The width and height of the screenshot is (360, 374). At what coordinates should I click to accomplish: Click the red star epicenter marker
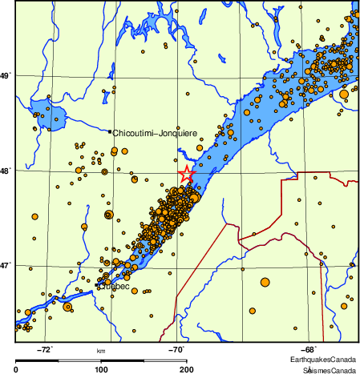point(186,174)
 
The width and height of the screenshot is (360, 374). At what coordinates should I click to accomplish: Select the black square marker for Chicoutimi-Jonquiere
point(110,131)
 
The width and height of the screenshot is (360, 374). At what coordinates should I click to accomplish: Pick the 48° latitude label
point(7,170)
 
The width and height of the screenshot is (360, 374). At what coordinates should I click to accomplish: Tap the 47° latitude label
point(7,265)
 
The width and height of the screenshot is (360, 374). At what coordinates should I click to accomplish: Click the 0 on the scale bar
point(17,369)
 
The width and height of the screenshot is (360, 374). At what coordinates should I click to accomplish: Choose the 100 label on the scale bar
point(102,369)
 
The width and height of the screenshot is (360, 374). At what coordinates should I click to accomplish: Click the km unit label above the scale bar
point(101,351)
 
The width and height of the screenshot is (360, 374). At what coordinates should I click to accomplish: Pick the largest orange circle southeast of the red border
point(265,281)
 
